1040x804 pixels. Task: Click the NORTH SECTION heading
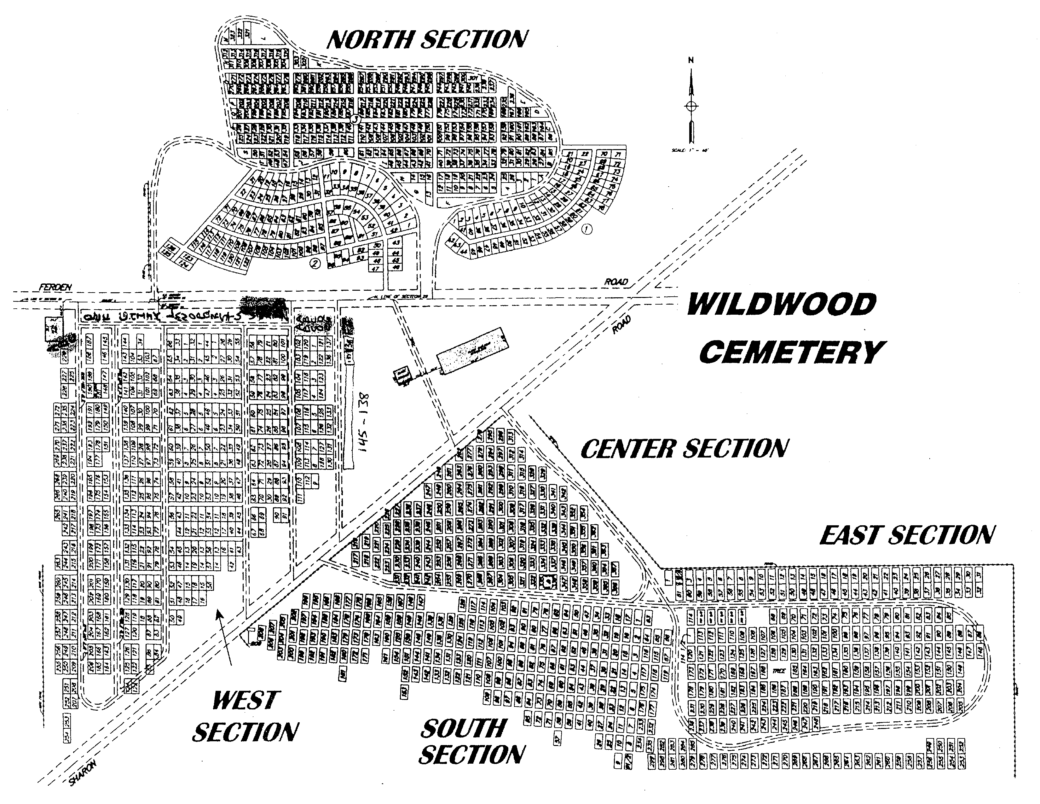click(427, 39)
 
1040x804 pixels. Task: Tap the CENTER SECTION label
click(684, 449)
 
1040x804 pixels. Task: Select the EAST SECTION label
click(907, 534)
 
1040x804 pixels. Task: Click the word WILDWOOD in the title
click(781, 305)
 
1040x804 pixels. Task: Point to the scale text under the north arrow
click(690, 150)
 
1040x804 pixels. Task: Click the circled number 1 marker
click(587, 230)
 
